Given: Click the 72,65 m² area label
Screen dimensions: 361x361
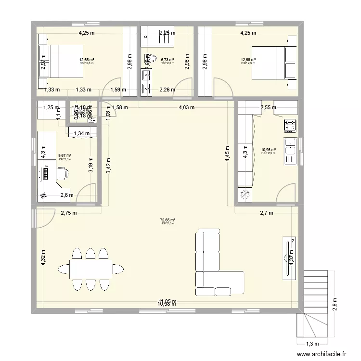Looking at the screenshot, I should click(168, 220).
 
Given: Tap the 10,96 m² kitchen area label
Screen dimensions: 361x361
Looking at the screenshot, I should click(268, 150).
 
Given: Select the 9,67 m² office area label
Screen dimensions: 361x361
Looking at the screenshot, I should click(64, 156).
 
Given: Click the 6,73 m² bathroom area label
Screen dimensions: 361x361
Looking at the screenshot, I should click(167, 60).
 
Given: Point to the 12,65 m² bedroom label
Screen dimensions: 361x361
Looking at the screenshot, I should click(87, 60).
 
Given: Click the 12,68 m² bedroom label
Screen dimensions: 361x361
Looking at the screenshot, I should click(248, 60).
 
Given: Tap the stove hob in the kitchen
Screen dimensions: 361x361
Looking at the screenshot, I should click(289, 126).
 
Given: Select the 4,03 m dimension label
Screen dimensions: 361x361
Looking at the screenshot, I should click(187, 107).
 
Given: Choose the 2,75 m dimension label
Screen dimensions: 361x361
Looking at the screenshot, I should click(68, 213).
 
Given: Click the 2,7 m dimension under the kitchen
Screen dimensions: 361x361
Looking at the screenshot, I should click(266, 213).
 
